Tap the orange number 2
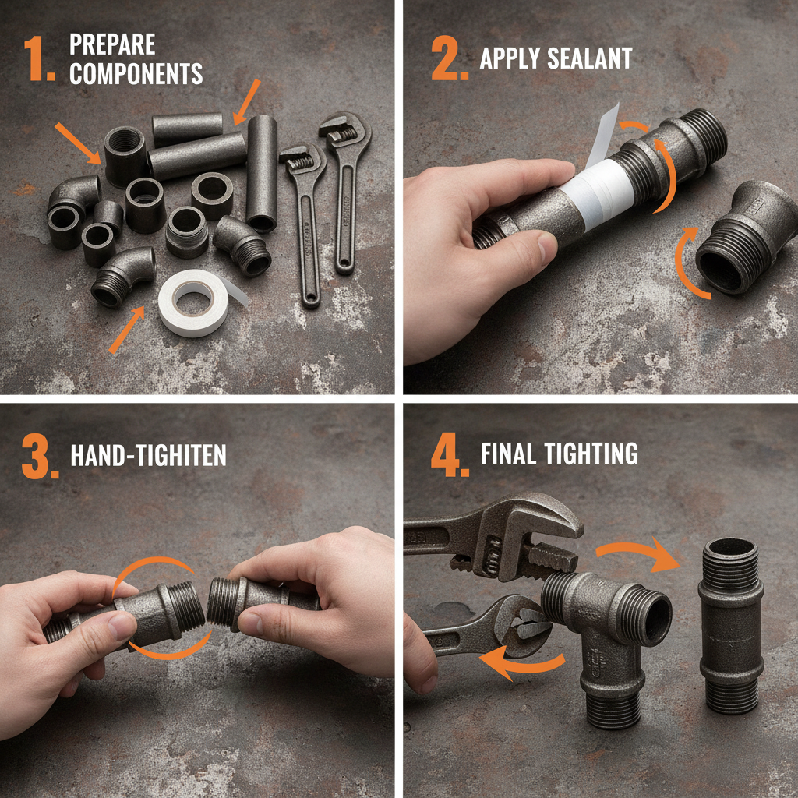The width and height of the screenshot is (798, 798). coord(450,58)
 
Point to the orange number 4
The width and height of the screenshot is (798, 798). coord(450,454)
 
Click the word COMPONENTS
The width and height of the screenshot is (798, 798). coord(136,74)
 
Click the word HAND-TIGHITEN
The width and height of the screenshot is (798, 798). coord(148,455)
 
